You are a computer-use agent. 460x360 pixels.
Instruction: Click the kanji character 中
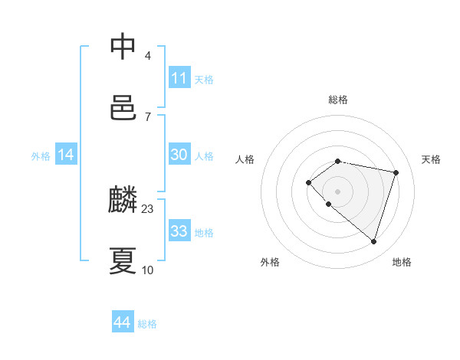(123, 47)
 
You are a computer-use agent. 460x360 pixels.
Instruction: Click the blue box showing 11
(179, 78)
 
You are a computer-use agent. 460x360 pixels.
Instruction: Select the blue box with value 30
(179, 155)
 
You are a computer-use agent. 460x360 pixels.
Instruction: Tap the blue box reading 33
(179, 231)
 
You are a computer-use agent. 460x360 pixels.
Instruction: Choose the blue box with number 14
(66, 155)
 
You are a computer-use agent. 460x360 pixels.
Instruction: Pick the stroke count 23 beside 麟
(148, 208)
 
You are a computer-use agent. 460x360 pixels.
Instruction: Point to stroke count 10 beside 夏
(148, 270)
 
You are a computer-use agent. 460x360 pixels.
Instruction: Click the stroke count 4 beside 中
(148, 56)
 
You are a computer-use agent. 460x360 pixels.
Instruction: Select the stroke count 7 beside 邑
(148, 116)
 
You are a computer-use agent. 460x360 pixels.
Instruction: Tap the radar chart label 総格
(338, 100)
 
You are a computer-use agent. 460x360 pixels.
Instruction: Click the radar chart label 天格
(431, 159)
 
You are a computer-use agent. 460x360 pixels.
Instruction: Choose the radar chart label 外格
(270, 262)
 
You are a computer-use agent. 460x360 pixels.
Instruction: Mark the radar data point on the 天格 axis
(396, 172)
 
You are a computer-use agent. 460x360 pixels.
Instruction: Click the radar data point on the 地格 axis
(373, 241)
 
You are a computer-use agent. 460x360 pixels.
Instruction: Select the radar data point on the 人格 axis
(308, 182)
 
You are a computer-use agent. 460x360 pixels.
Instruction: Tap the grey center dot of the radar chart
(338, 191)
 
